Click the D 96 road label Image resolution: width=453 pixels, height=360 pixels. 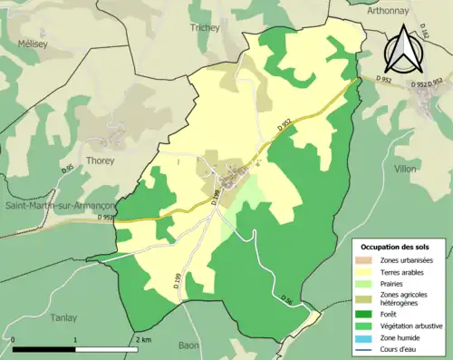click(286, 301)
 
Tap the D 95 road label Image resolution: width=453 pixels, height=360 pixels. click(68, 169)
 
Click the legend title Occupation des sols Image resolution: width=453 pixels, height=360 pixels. click(400, 246)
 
